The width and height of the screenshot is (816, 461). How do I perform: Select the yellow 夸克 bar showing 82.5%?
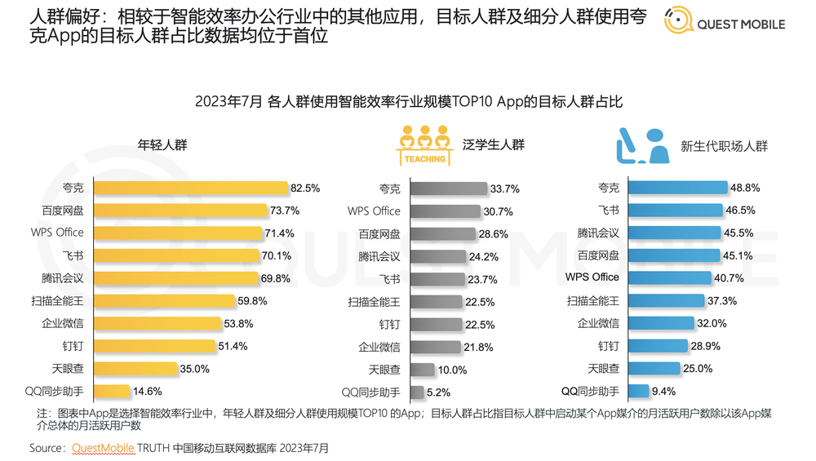point(191,188)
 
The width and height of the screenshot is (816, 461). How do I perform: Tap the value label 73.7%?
point(283,211)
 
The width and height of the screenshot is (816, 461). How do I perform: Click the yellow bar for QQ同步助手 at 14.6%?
point(116,391)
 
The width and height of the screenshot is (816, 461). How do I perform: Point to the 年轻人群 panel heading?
point(162,145)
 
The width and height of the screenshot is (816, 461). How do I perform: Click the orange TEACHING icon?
point(424,145)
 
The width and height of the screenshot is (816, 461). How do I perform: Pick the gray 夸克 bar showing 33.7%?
point(448,188)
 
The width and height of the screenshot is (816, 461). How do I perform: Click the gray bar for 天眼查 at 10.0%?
point(422,369)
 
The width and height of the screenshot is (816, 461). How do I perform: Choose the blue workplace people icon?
point(641,145)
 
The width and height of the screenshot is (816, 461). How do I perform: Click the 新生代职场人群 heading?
point(725,147)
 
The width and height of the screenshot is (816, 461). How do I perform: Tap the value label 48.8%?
point(746,188)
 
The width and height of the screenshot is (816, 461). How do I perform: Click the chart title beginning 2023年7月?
point(408,102)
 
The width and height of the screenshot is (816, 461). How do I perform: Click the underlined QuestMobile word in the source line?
point(103,448)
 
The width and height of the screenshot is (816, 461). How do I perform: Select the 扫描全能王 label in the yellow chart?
point(57,300)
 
